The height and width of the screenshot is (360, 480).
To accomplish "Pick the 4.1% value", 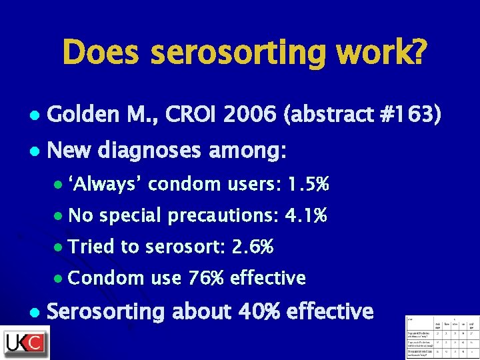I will (x=305, y=215).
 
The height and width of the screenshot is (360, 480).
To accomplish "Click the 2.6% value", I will (x=252, y=247).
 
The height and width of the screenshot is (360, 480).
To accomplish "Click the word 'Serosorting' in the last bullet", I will (x=105, y=311).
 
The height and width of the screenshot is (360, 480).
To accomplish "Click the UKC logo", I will (x=25, y=342).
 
